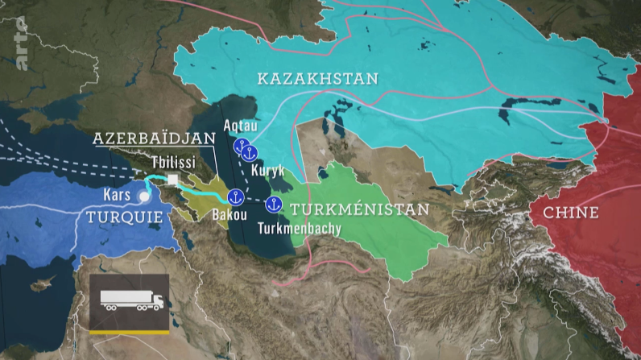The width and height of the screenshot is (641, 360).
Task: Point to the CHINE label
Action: click(571, 213)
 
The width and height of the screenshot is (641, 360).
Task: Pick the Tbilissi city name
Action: click(175, 160)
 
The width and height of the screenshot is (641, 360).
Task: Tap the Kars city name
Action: click(117, 195)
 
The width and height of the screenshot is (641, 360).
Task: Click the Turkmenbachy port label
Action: click(300, 229)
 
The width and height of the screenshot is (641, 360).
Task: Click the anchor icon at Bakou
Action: click(235, 197)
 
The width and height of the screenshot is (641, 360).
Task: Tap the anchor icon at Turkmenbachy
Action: click(273, 205)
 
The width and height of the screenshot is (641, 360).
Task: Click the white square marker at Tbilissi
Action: click(172, 179)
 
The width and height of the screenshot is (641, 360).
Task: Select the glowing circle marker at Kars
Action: click(144, 196)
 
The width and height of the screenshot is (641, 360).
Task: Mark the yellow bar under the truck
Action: click(129, 329)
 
